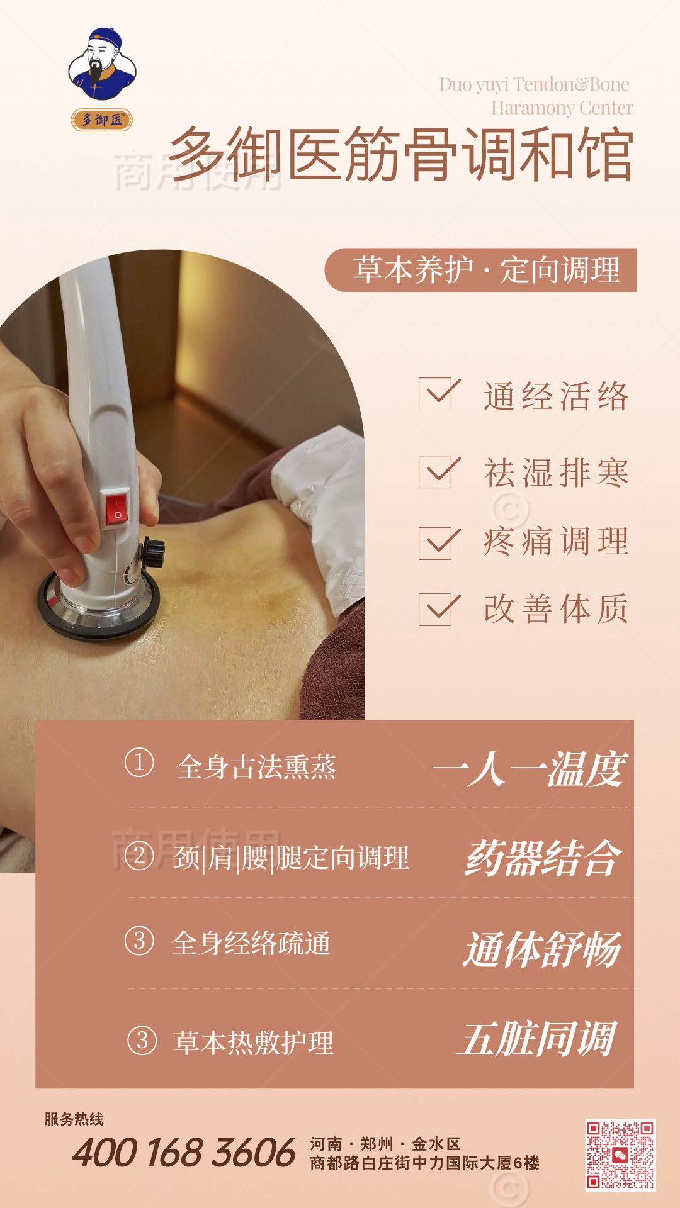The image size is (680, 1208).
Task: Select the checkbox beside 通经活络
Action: (x=436, y=394)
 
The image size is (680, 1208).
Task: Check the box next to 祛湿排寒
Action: (x=436, y=472)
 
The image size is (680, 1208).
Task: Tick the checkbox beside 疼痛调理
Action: (x=436, y=543)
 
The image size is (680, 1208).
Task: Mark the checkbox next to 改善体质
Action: (x=436, y=609)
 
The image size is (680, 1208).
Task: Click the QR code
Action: (x=620, y=1155)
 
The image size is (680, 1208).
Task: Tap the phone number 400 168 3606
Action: (x=183, y=1153)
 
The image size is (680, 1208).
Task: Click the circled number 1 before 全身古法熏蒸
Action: (x=139, y=763)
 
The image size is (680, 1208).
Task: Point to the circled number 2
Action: (x=139, y=856)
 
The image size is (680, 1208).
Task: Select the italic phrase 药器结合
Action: (x=543, y=858)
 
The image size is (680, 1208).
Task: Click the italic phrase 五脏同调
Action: (x=536, y=1039)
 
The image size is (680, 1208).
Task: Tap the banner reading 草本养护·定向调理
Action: (x=481, y=270)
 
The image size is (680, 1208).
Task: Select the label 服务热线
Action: (x=74, y=1119)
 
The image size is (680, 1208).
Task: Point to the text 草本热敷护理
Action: (x=254, y=1043)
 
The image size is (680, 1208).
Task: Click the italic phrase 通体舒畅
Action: (x=543, y=949)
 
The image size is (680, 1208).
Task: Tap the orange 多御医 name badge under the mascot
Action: (x=102, y=119)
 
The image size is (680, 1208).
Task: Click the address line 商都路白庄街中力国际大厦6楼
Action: (x=425, y=1163)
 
